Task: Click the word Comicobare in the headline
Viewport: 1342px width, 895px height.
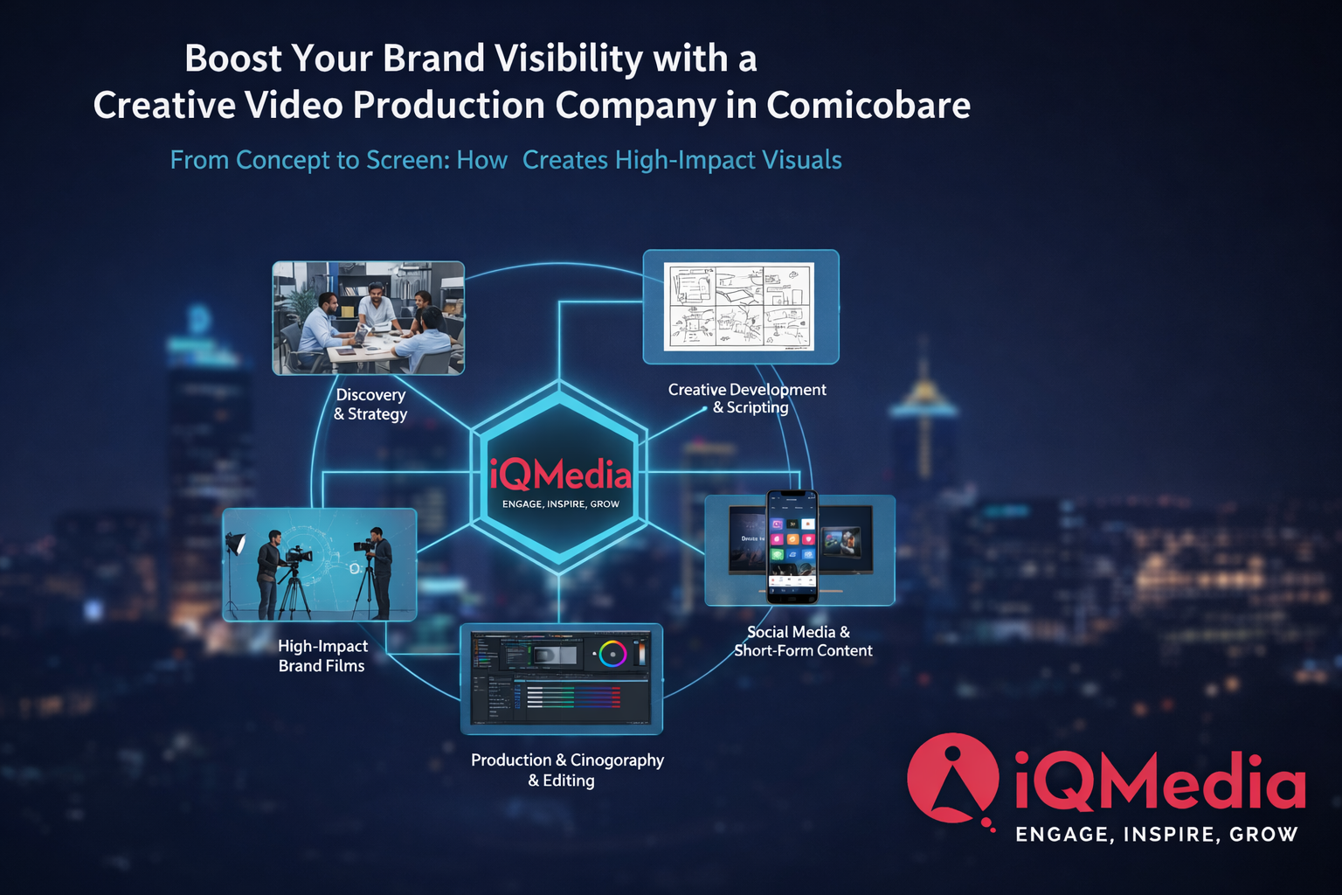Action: tap(868, 106)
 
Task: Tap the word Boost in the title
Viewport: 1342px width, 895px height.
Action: tap(233, 59)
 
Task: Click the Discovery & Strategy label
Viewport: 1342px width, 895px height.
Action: tap(370, 405)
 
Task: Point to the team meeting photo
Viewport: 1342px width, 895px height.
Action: tap(369, 318)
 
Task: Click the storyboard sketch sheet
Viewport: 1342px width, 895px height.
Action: tap(739, 306)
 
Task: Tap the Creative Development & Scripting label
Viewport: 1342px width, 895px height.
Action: tap(748, 399)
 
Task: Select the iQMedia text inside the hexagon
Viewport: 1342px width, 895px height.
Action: tap(560, 475)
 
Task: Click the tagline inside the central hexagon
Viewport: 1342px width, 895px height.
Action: tap(560, 504)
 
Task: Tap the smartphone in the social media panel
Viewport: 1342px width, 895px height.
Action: tap(792, 547)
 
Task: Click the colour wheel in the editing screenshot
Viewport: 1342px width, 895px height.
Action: tap(612, 653)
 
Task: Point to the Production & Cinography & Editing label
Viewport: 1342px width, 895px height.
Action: tap(566, 770)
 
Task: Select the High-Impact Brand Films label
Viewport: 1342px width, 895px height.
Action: tap(322, 656)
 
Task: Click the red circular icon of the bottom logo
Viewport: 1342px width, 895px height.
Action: tap(952, 778)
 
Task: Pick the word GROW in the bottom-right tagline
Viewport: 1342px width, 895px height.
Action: tap(1263, 835)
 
